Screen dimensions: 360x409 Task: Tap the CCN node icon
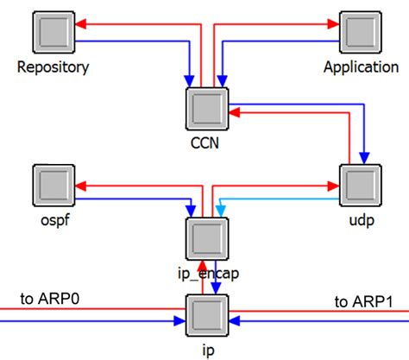click(205, 110)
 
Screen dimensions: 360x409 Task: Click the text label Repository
click(53, 66)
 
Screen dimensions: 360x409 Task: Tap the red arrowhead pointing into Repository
click(79, 26)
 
